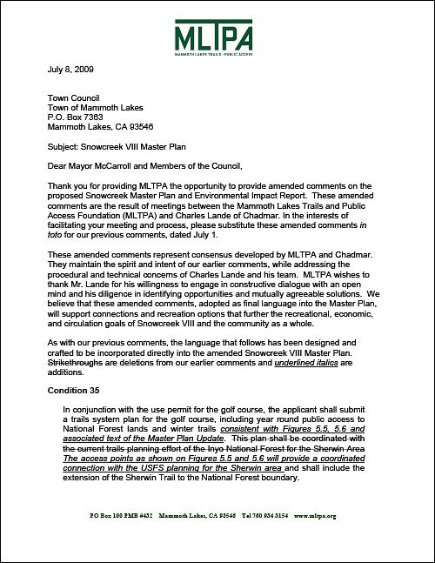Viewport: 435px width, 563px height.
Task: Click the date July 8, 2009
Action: point(69,68)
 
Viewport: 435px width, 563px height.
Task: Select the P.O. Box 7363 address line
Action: point(79,117)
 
